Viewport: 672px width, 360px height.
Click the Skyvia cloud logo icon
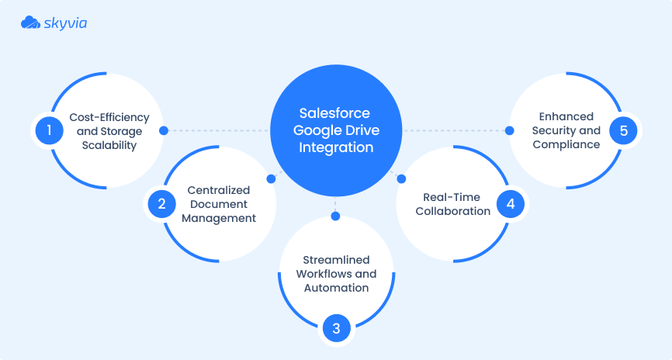pyautogui.click(x=30, y=23)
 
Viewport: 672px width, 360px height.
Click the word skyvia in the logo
pyautogui.click(x=65, y=23)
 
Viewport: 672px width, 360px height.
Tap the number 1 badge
pyautogui.click(x=49, y=130)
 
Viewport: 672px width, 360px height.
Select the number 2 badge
pyautogui.click(x=161, y=204)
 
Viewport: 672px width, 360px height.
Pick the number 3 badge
pyautogui.click(x=336, y=328)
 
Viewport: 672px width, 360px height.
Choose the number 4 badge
pyautogui.click(x=510, y=204)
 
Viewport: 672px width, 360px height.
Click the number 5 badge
pyautogui.click(x=622, y=130)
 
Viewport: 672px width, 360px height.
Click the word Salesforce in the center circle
pyautogui.click(x=336, y=113)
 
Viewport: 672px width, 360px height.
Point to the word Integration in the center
pyautogui.click(x=336, y=147)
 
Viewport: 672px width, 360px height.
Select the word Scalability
pyautogui.click(x=109, y=145)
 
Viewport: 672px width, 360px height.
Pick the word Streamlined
pyautogui.click(x=336, y=260)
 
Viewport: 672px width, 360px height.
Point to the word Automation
pyautogui.click(x=336, y=288)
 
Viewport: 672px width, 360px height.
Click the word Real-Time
pyautogui.click(x=452, y=197)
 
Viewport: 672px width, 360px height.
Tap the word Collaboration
pyautogui.click(x=452, y=211)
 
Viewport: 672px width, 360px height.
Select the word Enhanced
pyautogui.click(x=566, y=117)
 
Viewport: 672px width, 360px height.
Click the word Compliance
pyautogui.click(x=566, y=145)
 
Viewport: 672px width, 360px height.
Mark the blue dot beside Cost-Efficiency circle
pyautogui.click(x=163, y=130)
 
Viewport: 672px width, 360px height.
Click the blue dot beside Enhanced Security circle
pyautogui.click(x=510, y=130)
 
